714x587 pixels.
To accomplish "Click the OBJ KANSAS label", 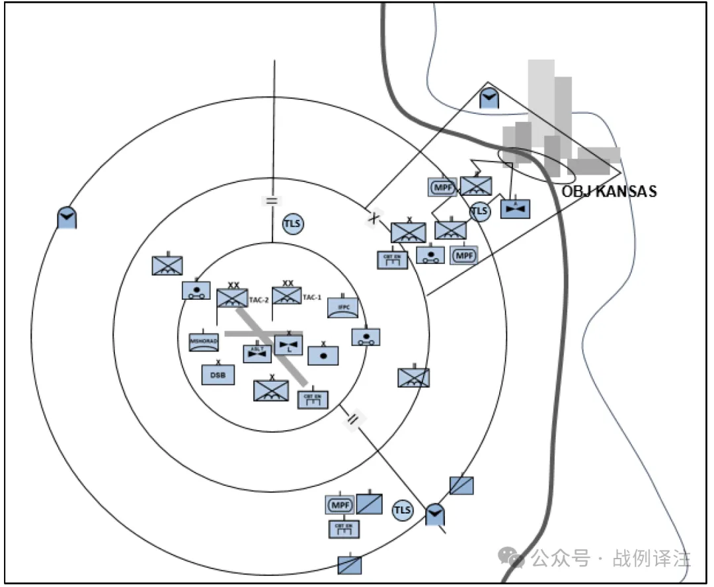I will [609, 192].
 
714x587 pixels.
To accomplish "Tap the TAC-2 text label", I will [258, 300].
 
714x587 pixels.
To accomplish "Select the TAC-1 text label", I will [312, 298].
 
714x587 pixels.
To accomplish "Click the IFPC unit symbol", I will [343, 307].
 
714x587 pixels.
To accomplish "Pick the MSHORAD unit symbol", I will [203, 341].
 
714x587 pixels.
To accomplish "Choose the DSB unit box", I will [218, 375].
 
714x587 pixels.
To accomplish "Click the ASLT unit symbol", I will [257, 354].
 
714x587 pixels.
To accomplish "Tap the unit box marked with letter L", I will [288, 345].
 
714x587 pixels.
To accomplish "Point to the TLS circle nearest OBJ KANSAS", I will [480, 211].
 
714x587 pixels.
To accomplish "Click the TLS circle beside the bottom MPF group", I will [402, 510].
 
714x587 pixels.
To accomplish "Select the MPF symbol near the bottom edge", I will [340, 506].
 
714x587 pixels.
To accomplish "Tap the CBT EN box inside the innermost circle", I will [313, 399].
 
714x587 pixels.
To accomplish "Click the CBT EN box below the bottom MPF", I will [344, 529].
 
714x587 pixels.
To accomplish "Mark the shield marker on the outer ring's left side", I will [66, 218].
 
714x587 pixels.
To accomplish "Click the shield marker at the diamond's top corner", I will [489, 99].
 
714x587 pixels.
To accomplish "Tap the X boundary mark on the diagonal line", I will [373, 218].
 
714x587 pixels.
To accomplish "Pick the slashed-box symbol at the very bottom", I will [350, 564].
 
